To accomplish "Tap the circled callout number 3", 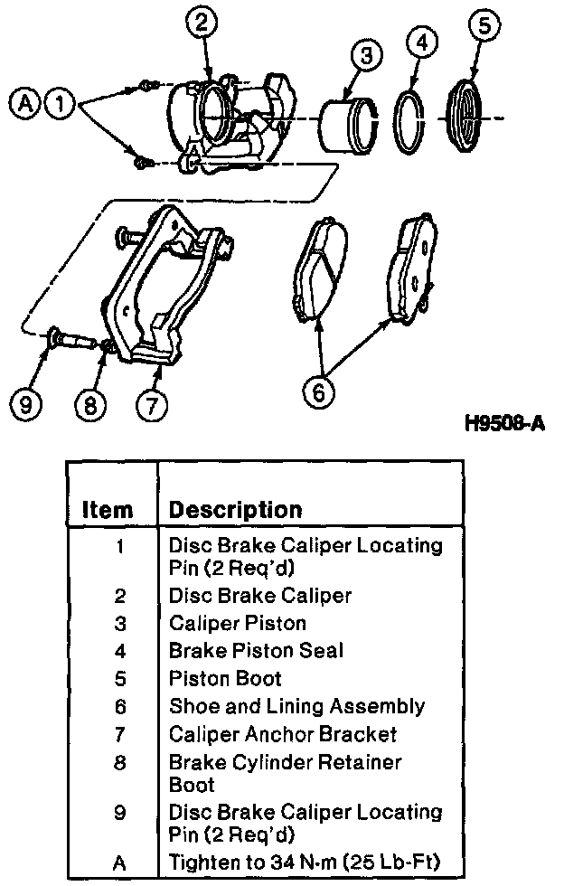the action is click(x=366, y=56).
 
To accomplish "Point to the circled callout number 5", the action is click(x=484, y=26).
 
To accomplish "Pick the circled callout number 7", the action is click(x=151, y=404).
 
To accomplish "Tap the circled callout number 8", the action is click(x=89, y=404).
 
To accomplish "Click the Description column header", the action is click(x=235, y=510).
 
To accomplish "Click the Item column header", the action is click(x=108, y=510).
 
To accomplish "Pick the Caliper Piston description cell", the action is click(x=238, y=623).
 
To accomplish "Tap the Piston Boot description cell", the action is click(x=225, y=678).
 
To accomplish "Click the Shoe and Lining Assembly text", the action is click(x=296, y=706).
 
